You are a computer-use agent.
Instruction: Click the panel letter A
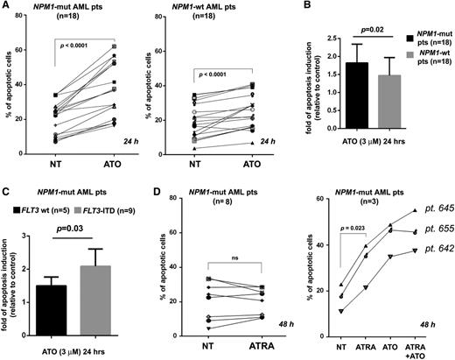5,7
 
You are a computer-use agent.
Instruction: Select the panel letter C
5,187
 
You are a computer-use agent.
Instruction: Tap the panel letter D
145,187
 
